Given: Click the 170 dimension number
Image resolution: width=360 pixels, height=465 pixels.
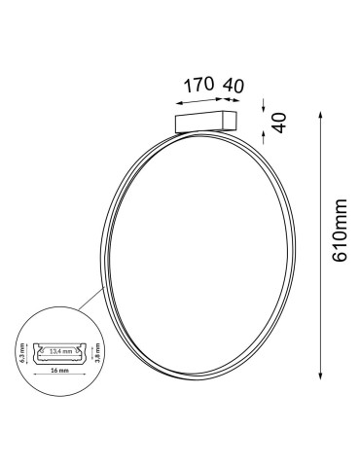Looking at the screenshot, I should (x=198, y=85).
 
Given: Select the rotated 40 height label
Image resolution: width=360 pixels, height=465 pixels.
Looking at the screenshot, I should (x=277, y=125).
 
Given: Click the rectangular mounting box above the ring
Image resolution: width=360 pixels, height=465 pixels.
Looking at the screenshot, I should (x=205, y=123).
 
